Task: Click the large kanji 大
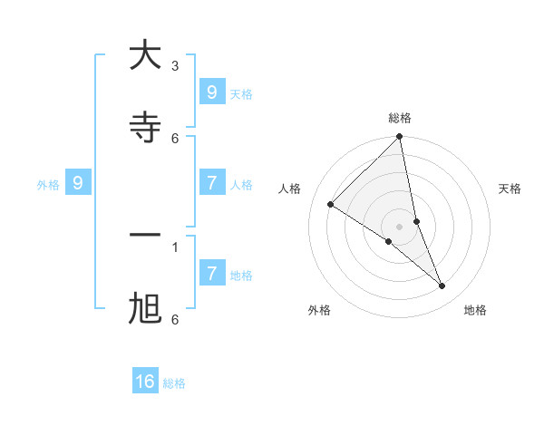[145, 55]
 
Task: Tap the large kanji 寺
[145, 128]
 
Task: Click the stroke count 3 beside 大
[175, 66]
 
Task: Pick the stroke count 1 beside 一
[175, 247]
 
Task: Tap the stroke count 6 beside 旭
[175, 319]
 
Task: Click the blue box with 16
[145, 382]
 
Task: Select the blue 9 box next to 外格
[78, 183]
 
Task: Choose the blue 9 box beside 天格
[211, 92]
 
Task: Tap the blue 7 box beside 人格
[211, 183]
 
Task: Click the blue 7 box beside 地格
[211, 273]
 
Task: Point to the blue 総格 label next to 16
[174, 383]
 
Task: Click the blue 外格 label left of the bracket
[48, 185]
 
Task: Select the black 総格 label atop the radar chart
[399, 118]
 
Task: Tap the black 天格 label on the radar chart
[510, 189]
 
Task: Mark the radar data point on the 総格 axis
[399, 137]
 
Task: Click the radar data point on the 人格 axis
[330, 204]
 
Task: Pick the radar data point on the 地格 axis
[442, 286]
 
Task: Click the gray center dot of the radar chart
[399, 226]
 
